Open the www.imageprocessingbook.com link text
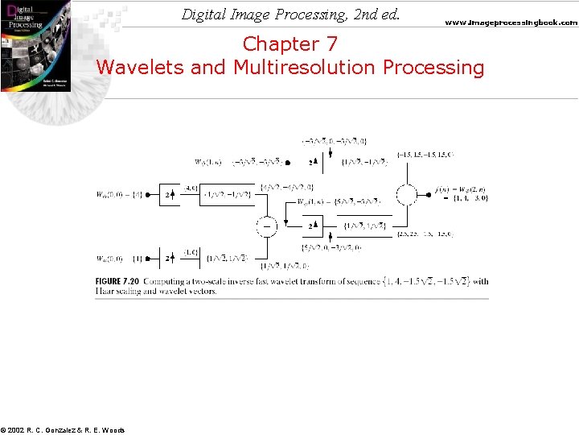511,23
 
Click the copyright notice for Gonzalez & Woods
63,430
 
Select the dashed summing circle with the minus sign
267,227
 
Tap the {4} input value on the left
138,194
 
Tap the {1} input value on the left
138,259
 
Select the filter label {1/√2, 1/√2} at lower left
228,259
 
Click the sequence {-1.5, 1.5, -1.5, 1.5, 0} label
425,154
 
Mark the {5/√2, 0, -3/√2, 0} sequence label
332,247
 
